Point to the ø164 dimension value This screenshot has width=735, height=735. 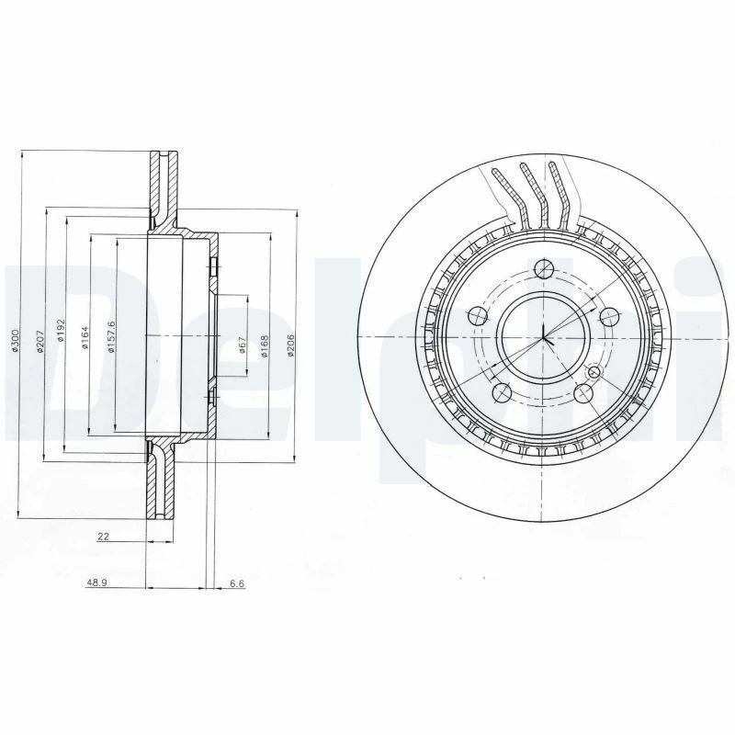coord(85,337)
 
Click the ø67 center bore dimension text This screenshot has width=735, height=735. coord(242,345)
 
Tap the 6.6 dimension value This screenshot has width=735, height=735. coord(236,583)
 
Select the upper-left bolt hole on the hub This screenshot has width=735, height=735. coord(477,317)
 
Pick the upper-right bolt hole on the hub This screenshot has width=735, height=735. coord(608,317)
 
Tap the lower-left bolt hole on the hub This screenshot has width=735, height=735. coord(502,392)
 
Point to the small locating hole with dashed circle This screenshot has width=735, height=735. coord(594,372)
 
